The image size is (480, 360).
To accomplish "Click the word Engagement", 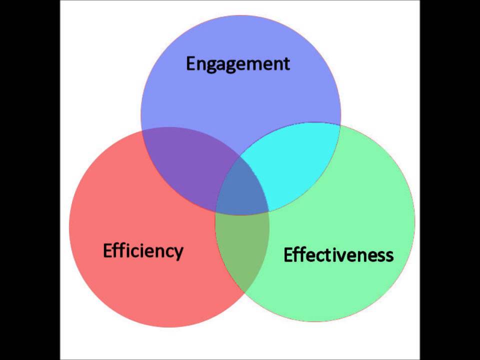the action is [238, 64].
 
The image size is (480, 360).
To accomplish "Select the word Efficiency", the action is [143, 250].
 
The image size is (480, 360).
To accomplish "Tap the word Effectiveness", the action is [338, 255].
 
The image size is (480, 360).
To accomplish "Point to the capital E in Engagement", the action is [191, 63].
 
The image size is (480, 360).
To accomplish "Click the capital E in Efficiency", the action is [108, 250].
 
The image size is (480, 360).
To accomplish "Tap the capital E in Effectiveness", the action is [288, 255].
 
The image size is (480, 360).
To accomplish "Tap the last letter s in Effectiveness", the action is [389, 256].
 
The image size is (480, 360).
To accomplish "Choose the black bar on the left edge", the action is [30, 180].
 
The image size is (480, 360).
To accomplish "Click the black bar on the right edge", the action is [450, 180].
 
